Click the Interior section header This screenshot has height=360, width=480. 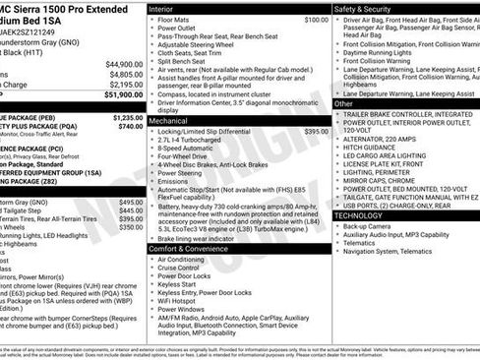coord(162,8)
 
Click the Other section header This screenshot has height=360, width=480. coord(343,103)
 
